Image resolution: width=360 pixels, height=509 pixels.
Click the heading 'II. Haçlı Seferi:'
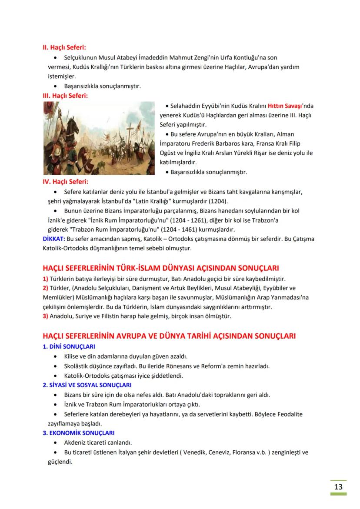pos(67,47)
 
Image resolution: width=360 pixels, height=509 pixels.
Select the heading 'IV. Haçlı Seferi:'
pos(68,182)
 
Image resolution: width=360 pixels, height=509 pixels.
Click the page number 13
pos(338,486)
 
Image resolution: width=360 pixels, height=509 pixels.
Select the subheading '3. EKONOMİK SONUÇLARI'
pos(78,433)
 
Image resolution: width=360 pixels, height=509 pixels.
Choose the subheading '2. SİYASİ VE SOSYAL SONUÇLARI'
pos(87,385)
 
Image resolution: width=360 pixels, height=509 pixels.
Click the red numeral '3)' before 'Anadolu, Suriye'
pos(45,316)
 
